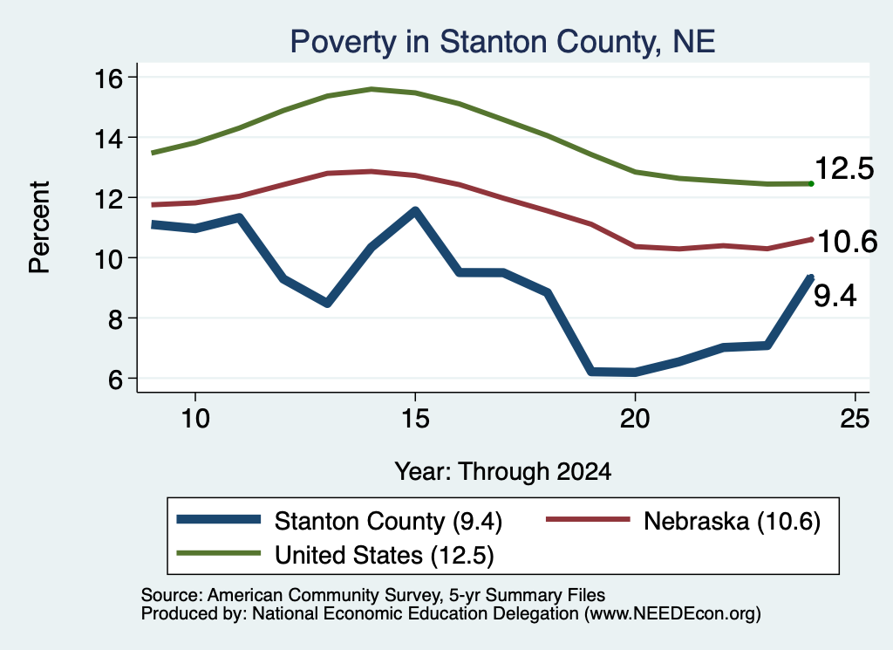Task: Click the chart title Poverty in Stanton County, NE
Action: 502,42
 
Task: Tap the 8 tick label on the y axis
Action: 115,319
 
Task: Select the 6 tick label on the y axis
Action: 115,379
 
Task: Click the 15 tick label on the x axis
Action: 414,419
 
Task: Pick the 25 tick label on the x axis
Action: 855,419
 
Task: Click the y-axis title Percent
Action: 39,228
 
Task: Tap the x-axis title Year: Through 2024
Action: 503,472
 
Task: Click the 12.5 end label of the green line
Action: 844,169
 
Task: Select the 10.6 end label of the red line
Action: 848,242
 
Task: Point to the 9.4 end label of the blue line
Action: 835,297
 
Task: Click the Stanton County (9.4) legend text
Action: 388,521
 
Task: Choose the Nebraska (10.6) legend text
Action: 732,521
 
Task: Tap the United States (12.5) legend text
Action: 385,556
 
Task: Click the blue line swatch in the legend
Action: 219,519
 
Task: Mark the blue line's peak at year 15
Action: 415,212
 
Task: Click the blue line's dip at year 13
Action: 327,303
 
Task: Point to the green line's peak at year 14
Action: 372,90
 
